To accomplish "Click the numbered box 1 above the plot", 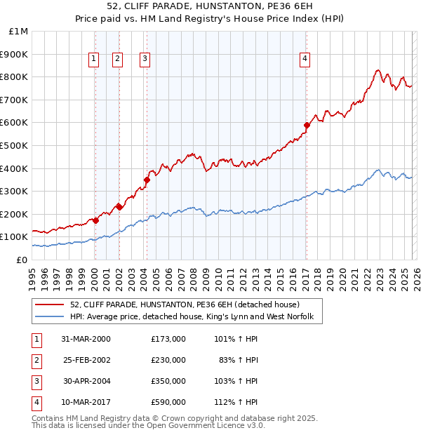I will point(94,60).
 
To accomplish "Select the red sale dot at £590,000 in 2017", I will point(307,126).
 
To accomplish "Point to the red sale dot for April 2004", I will point(147,180).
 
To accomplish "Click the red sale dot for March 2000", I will point(95,220).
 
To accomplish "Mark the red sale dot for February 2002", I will point(119,207).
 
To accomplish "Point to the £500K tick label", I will point(15,145).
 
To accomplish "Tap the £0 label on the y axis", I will point(22,260).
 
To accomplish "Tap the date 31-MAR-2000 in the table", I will point(86,338).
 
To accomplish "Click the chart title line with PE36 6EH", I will point(210,8).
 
